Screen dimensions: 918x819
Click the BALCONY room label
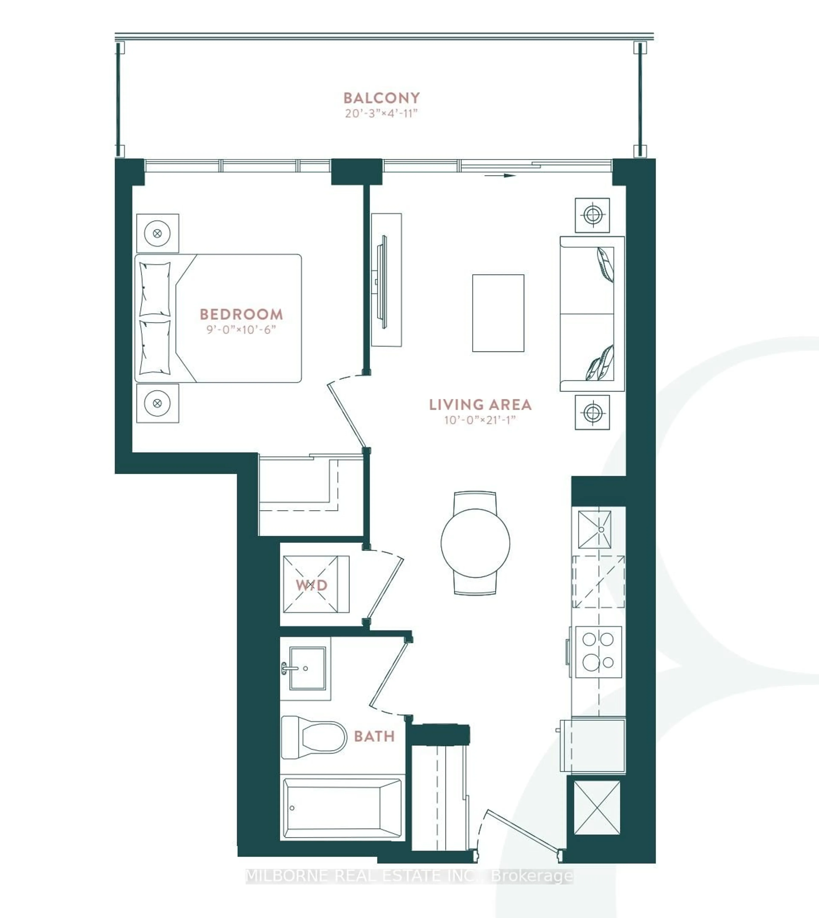point(382,98)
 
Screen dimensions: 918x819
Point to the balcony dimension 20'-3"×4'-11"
point(382,113)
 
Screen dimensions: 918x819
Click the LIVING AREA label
point(480,405)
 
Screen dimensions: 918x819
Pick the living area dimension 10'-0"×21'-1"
point(480,420)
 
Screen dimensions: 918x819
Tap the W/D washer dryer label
point(311,585)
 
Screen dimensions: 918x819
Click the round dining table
point(475,543)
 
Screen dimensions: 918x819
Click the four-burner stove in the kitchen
point(598,651)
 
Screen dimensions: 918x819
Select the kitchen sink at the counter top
point(594,530)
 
